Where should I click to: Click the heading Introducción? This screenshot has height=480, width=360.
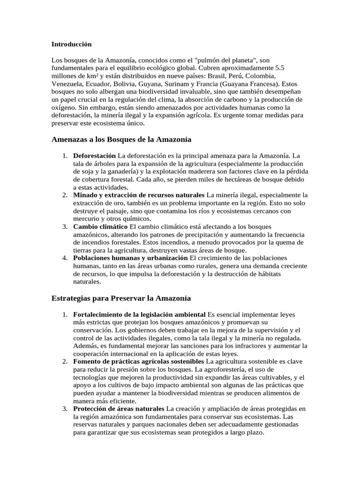click(72, 44)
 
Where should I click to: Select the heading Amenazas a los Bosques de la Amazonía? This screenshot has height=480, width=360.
click(121, 140)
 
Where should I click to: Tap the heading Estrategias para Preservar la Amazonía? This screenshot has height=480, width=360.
click(120, 298)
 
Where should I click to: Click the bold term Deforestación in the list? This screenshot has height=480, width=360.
click(95, 155)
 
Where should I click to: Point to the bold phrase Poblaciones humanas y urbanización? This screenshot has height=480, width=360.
click(130, 258)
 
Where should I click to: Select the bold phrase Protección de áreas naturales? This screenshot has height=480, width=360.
click(119, 409)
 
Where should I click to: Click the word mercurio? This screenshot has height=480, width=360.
click(88, 218)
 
